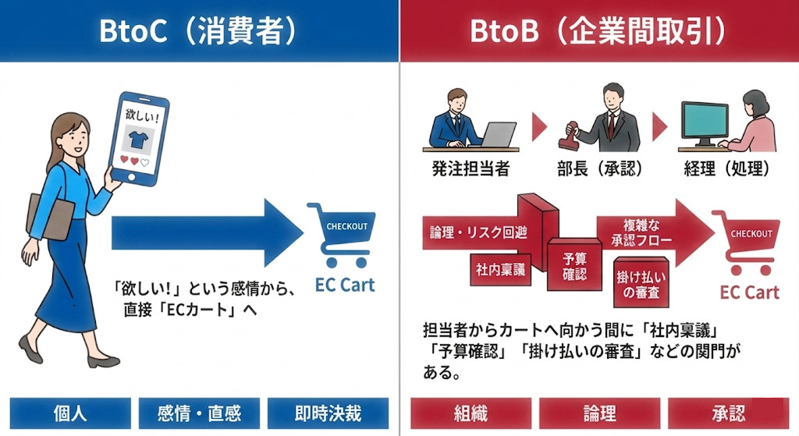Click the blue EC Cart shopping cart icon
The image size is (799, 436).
pos(339,234)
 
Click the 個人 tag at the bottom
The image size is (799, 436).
pos(70,413)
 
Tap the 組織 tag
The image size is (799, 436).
pos(471,413)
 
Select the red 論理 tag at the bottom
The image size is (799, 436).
pos(599,413)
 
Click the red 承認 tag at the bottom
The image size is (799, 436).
pos(728,413)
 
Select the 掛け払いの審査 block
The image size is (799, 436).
pos(637,284)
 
